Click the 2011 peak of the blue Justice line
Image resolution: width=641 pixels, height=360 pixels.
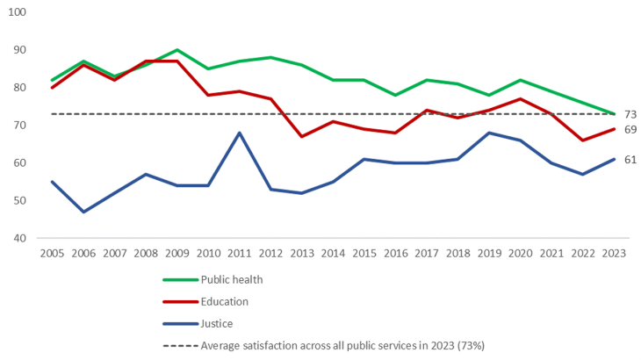click(x=240, y=133)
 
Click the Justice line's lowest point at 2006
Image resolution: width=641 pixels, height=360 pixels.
click(x=84, y=212)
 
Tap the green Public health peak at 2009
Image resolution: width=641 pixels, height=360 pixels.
click(x=177, y=50)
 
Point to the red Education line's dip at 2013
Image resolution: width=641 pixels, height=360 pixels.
click(x=302, y=136)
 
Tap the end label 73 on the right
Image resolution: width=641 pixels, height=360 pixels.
click(x=630, y=114)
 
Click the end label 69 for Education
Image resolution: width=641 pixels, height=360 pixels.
click(x=630, y=129)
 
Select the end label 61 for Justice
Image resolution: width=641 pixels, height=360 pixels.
click(x=630, y=159)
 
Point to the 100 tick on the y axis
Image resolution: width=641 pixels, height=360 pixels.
click(x=18, y=12)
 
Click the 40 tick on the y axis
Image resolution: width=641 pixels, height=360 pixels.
click(x=20, y=238)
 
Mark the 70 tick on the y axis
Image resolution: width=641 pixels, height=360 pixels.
click(x=20, y=126)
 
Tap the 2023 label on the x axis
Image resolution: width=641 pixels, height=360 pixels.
click(x=613, y=253)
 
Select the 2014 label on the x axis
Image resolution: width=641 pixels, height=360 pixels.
click(x=333, y=253)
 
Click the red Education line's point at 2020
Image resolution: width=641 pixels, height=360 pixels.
click(x=520, y=99)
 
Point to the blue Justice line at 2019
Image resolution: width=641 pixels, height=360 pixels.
click(x=488, y=133)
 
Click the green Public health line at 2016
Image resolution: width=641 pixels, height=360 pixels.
click(x=395, y=95)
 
